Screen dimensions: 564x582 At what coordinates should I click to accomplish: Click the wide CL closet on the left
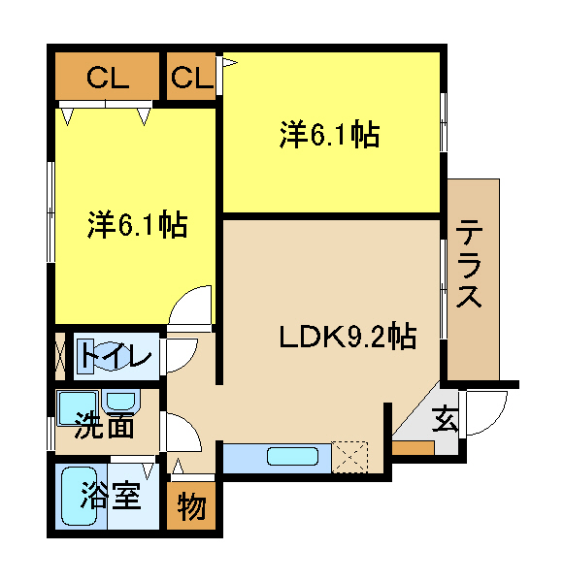pyautogui.click(x=107, y=76)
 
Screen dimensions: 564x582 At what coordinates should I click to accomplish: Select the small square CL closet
pyautogui.click(x=191, y=76)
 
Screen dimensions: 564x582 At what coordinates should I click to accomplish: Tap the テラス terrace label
pyautogui.click(x=469, y=263)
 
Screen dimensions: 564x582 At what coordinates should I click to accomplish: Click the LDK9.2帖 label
pyautogui.click(x=348, y=337)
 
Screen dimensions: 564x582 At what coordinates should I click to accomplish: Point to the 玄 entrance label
pyautogui.click(x=445, y=419)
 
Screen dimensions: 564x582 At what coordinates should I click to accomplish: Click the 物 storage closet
pyautogui.click(x=191, y=505)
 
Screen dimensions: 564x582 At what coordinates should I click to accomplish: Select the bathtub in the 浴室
pyautogui.click(x=80, y=496)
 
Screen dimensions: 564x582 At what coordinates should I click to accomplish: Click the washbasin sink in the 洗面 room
pyautogui.click(x=120, y=401)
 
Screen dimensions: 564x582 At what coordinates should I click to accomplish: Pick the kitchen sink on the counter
pyautogui.click(x=293, y=456)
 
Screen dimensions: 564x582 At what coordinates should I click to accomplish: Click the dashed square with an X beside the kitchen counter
pyautogui.click(x=349, y=457)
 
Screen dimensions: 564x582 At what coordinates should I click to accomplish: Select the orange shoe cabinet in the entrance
pyautogui.click(x=414, y=448)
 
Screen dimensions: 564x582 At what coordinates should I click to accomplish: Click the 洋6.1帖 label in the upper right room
pyautogui.click(x=329, y=135)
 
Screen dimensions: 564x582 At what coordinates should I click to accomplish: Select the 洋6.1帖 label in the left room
pyautogui.click(x=138, y=225)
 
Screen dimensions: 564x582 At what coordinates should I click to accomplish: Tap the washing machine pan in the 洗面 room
pyautogui.click(x=78, y=407)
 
